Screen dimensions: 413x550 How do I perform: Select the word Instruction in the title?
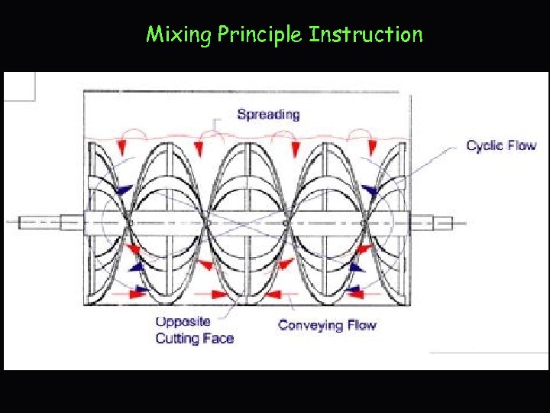[x=366, y=34]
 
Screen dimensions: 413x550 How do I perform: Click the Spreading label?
[x=268, y=115]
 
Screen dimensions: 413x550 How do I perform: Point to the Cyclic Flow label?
[x=501, y=145]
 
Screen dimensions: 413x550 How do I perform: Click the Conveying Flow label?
[x=327, y=325]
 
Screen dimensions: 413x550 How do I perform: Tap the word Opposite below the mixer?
[x=183, y=322]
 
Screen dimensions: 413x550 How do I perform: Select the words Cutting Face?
[x=194, y=338]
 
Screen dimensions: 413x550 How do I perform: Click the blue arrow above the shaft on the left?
[x=121, y=189]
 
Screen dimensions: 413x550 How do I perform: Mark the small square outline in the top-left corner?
[x=19, y=86]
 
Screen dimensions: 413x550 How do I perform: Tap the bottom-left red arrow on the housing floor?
[x=137, y=292]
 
